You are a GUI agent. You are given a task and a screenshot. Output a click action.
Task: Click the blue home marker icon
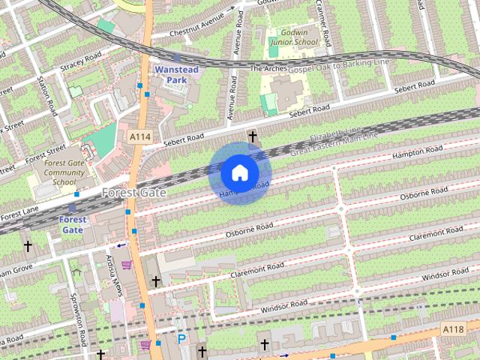point(239,173)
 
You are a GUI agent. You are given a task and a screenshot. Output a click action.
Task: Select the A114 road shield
point(139,137)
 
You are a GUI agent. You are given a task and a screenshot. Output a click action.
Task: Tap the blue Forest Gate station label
point(72,224)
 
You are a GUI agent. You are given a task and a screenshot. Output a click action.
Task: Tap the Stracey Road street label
point(80,60)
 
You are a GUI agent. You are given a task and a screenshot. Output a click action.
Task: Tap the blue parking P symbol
point(181,339)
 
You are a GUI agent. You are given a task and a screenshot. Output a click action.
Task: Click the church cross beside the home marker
point(253,136)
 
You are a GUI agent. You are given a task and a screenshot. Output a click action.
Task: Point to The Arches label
point(268,69)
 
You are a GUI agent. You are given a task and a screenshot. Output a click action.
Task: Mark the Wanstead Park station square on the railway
point(177,57)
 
